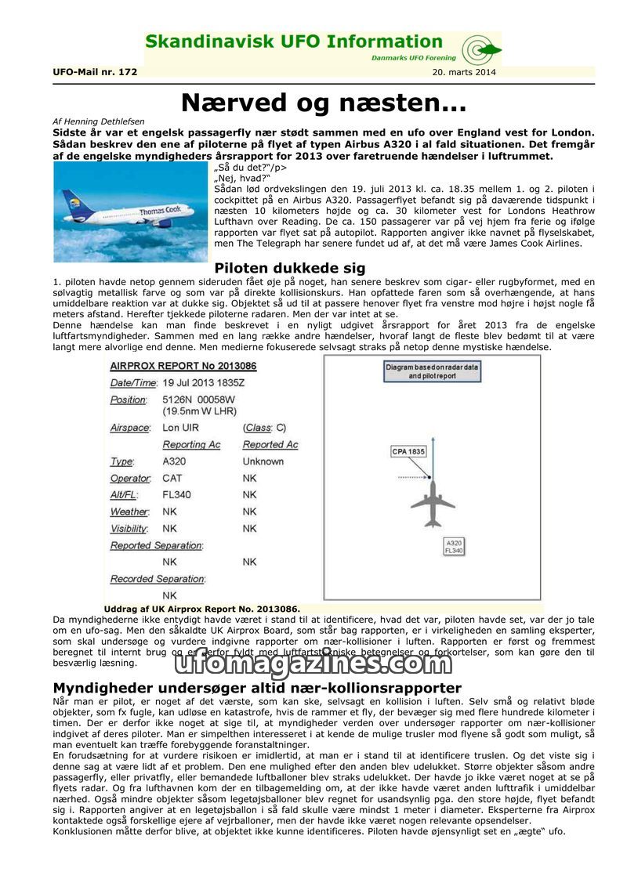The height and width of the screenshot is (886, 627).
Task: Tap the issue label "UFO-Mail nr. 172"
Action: point(95,72)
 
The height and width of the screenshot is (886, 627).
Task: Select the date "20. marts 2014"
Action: point(463,72)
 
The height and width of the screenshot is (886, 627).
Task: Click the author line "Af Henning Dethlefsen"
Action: point(98,122)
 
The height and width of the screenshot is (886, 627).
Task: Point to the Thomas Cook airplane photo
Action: point(132,212)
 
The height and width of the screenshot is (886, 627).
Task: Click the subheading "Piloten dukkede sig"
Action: point(290,269)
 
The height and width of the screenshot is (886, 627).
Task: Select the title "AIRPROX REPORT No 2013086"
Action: point(183,366)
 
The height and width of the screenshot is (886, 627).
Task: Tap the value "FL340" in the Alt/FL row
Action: point(174,495)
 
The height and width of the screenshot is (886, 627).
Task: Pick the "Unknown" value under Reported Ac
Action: point(263,461)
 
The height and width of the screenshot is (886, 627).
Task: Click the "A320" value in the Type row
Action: point(174,461)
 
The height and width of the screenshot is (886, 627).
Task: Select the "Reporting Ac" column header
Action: point(191,445)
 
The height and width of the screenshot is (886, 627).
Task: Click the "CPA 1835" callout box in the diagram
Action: point(408,451)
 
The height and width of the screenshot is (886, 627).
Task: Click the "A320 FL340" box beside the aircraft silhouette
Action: point(454,547)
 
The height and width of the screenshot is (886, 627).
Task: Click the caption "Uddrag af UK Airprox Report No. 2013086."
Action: point(201,609)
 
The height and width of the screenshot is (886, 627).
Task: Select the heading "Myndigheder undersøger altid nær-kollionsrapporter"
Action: point(257,688)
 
